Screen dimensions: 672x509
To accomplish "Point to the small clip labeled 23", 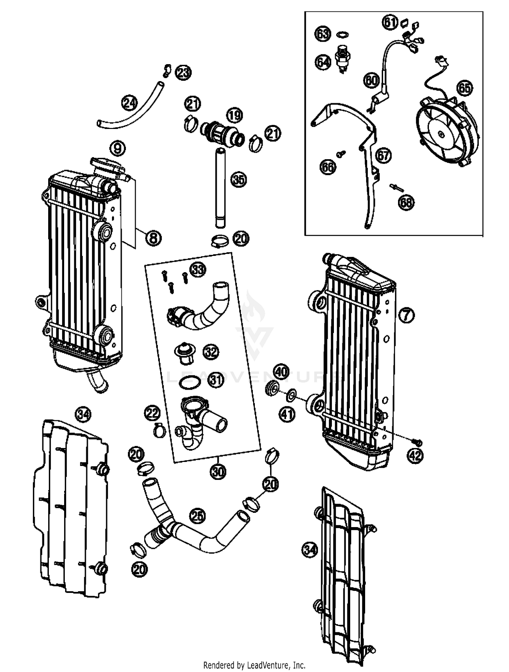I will coord(166,70).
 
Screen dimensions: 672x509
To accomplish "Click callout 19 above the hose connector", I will coord(234,116).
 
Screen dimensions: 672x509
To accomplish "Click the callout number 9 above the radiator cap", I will coord(117,148).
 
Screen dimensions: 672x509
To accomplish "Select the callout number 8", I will coord(153,238).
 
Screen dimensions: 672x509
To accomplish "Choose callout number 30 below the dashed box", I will coord(218,471).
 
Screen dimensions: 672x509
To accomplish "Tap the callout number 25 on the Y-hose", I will coord(198,516).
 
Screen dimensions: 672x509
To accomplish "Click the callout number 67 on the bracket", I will coord(383,155).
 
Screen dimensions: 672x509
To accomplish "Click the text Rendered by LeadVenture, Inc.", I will coord(254,665).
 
